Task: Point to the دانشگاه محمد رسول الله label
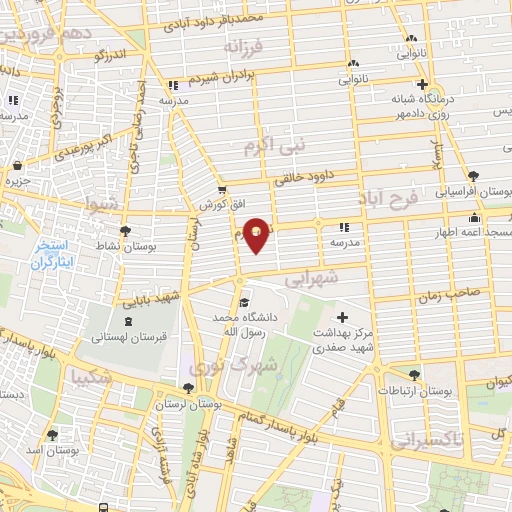coord(241,322)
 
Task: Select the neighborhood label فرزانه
coord(245,47)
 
